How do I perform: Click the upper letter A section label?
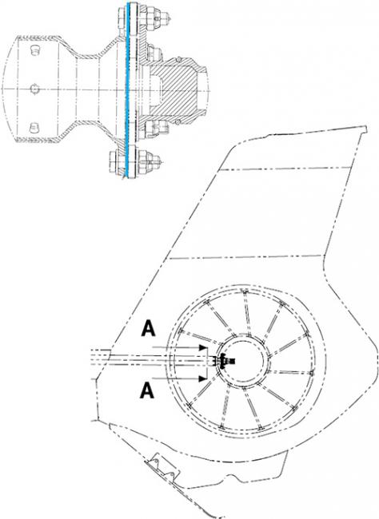148,328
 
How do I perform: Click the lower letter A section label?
147,390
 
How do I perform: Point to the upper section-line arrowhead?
202,347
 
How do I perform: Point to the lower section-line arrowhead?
202,378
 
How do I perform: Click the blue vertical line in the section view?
128,90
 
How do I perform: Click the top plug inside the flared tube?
35,50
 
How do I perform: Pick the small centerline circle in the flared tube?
35,89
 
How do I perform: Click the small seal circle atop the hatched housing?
178,60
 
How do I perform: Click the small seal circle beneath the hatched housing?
178,122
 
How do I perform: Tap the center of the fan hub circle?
243,362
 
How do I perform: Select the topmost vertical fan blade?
246,314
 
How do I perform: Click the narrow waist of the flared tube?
89,89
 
